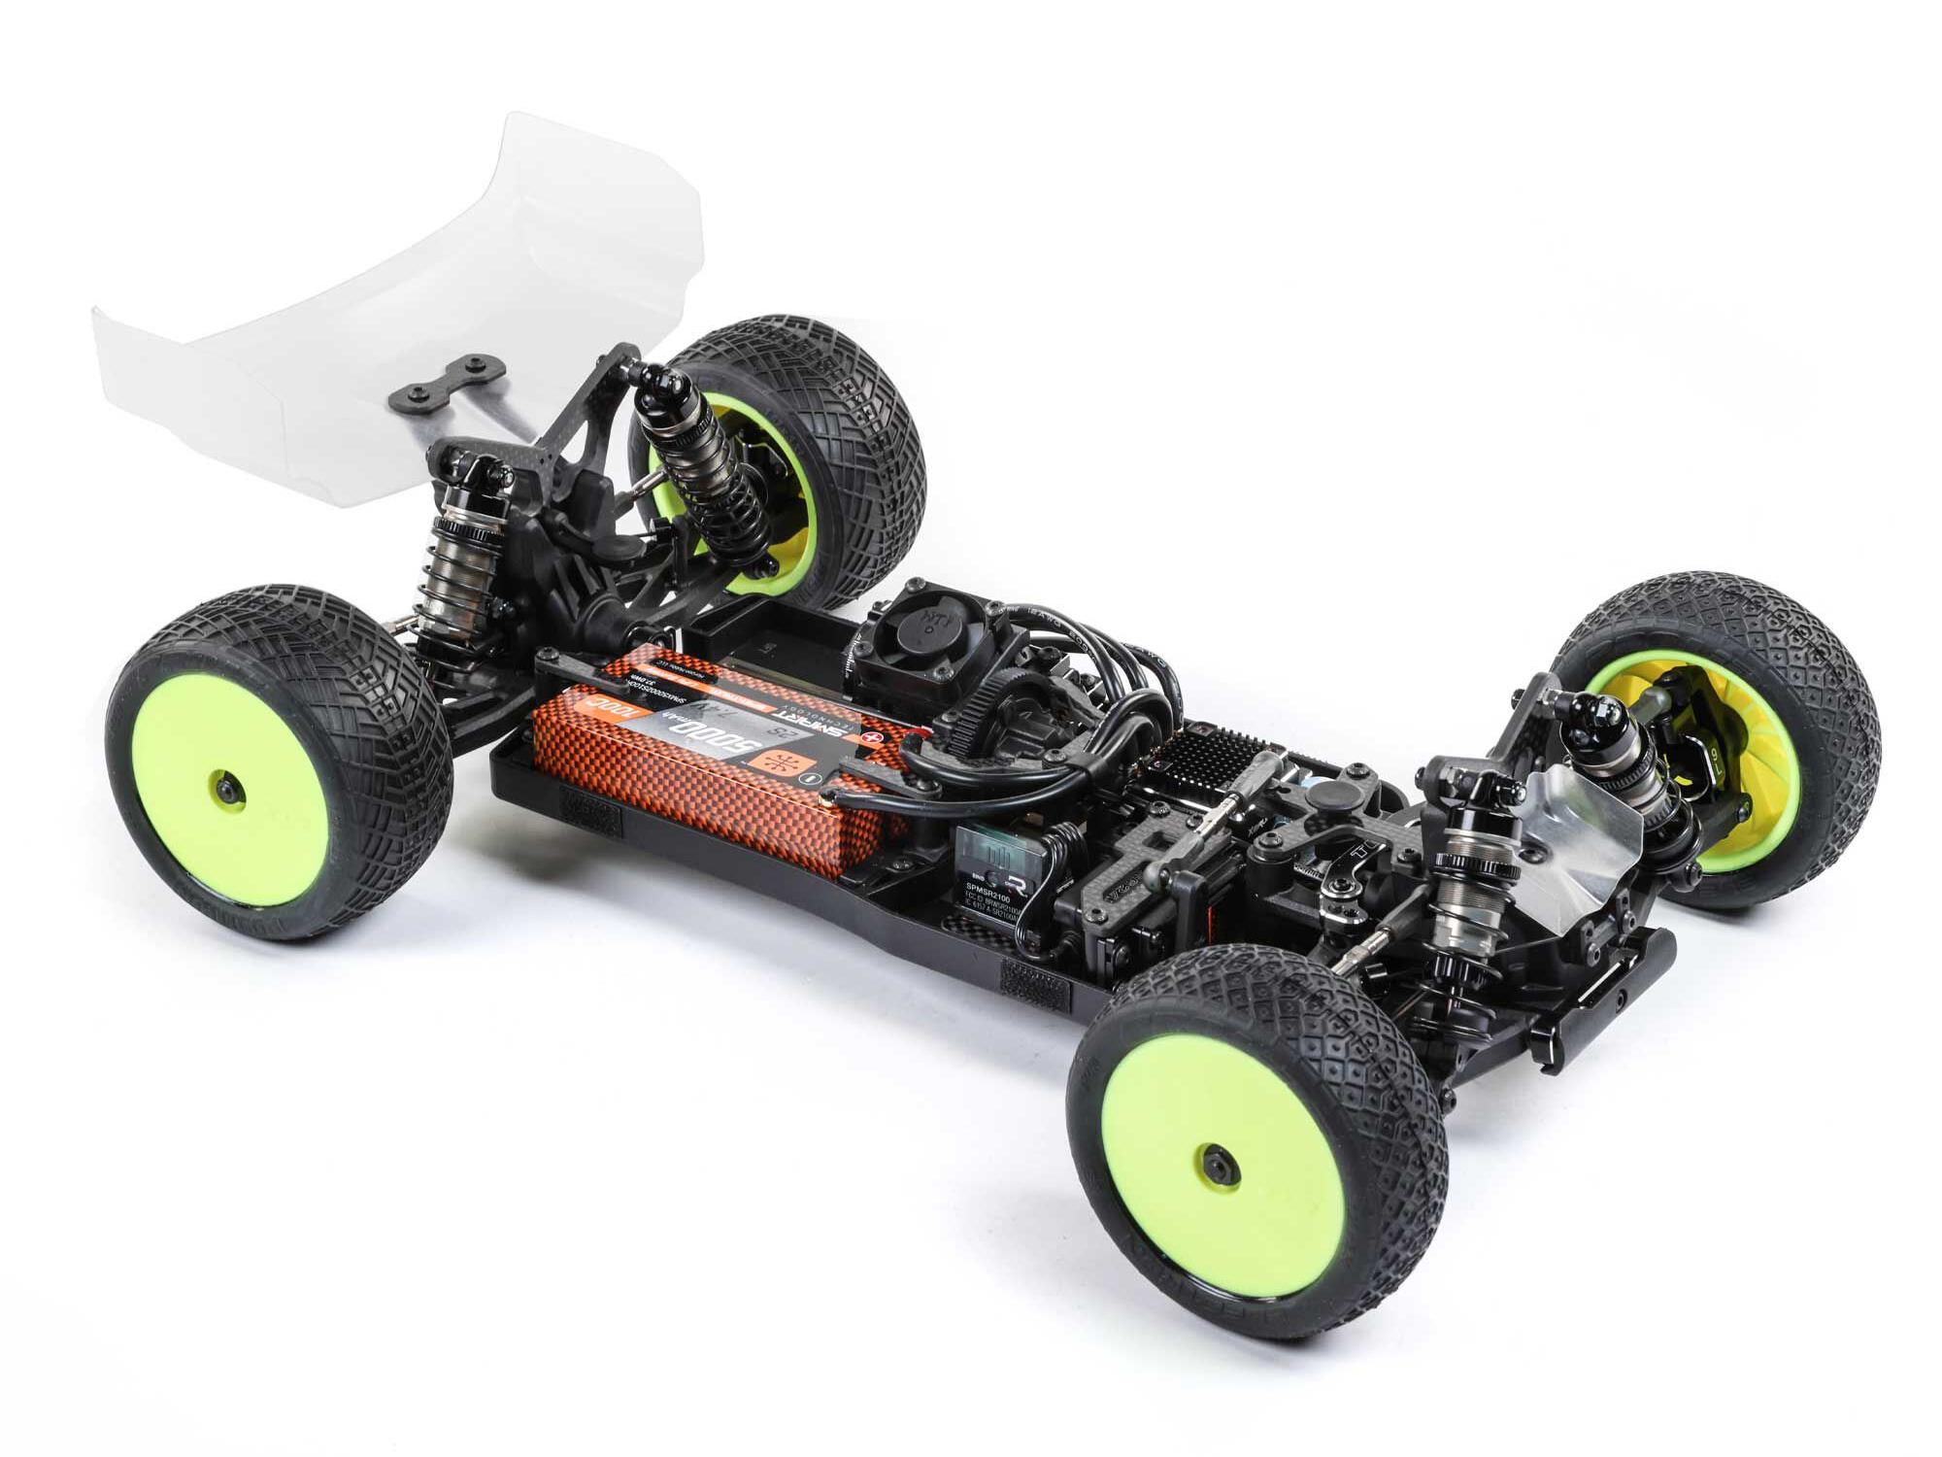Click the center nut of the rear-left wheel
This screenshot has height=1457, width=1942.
pos(226,790)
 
